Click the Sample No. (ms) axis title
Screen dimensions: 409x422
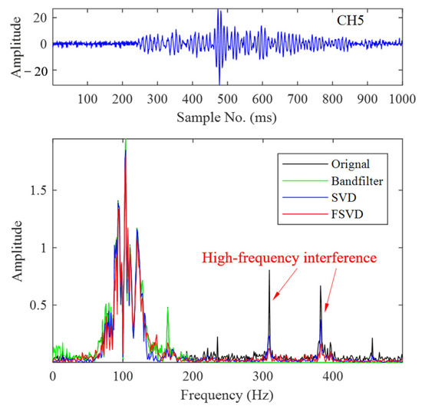[x=227, y=118]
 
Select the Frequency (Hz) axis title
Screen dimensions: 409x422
[x=227, y=396]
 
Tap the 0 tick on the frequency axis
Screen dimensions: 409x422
[x=52, y=377]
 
